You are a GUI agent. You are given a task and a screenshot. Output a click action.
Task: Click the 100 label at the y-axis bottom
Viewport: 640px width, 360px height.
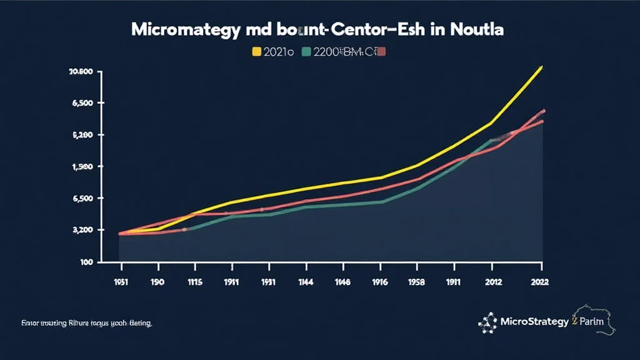[x=85, y=262]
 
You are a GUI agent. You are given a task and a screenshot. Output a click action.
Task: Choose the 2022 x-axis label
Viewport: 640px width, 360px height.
[x=538, y=282]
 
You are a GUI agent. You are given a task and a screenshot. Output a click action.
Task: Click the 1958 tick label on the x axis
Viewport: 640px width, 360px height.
[x=417, y=282]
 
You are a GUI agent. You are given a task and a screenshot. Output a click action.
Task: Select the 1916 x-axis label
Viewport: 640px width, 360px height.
[x=379, y=282]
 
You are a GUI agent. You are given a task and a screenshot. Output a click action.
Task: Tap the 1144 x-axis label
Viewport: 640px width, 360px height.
[x=306, y=282]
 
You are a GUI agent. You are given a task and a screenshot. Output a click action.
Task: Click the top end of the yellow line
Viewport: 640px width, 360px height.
[x=541, y=67]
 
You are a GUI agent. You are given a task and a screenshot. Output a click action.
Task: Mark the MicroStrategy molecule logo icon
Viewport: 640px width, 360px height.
[x=487, y=322]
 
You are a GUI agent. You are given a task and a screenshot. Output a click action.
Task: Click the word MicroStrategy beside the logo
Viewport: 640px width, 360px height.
[x=534, y=322]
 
